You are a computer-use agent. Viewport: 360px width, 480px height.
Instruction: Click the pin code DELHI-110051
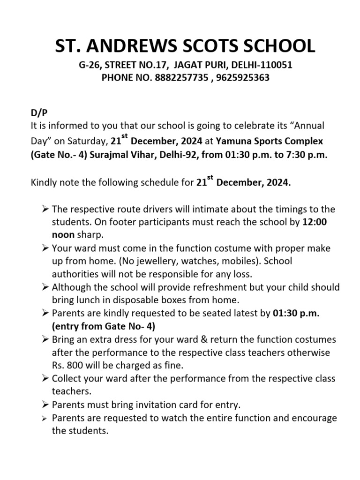tap(262, 65)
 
